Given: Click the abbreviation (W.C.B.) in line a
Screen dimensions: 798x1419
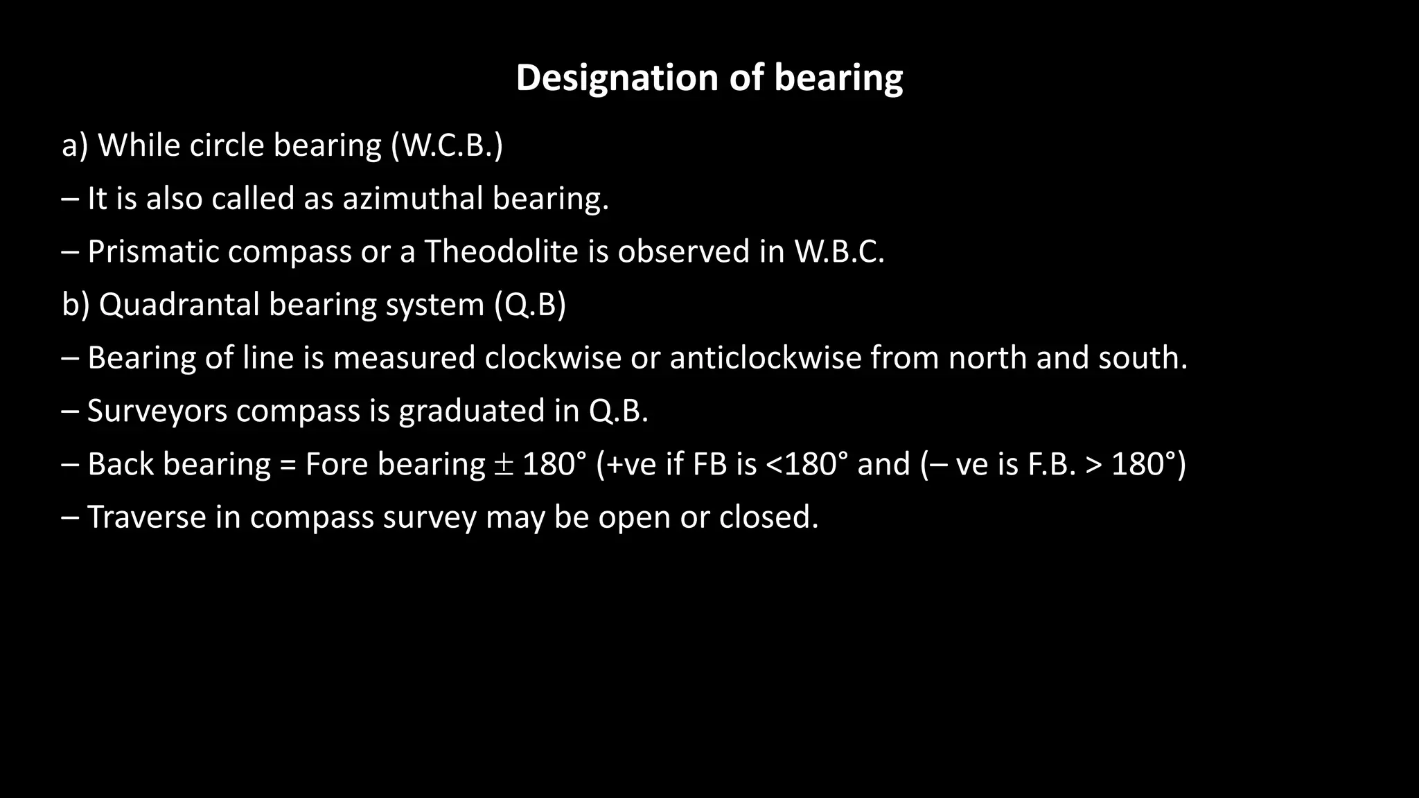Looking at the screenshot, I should (x=446, y=145).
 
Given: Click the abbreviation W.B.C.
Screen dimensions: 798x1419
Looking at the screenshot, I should (x=839, y=251).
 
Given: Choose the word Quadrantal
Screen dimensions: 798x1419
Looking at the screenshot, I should (x=179, y=305).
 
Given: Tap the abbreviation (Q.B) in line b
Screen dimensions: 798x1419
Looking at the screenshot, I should (x=530, y=305).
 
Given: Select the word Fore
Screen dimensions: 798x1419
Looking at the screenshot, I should (x=336, y=464).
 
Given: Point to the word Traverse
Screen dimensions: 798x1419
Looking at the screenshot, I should (x=146, y=517).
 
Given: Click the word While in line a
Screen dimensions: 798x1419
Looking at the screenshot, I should (x=139, y=145).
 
